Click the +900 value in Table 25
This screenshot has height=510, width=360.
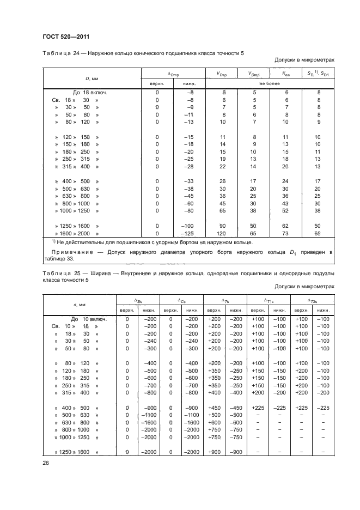tap(213, 452)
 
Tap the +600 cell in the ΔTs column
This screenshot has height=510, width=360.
tap(213, 422)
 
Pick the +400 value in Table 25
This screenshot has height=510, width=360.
tap(213, 392)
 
